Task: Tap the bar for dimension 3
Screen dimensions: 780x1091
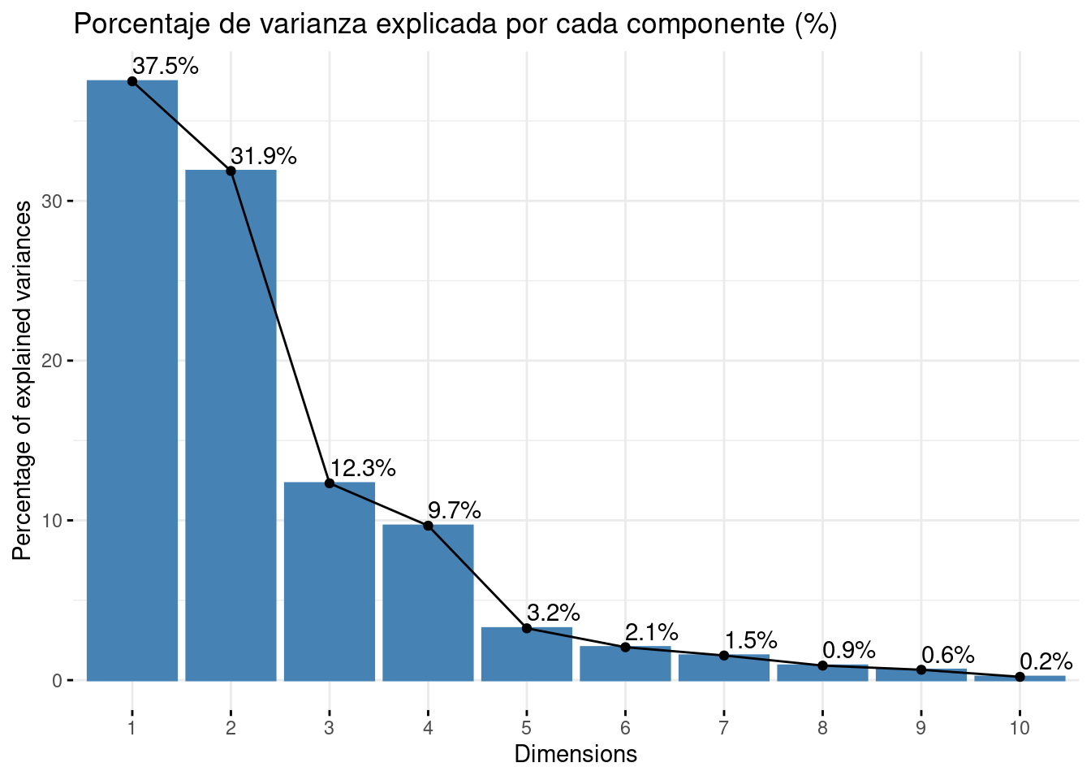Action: point(330,581)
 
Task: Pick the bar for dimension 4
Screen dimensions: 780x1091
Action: point(428,602)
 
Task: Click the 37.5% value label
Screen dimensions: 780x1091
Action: point(166,67)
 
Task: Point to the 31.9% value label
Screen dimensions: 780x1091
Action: point(264,156)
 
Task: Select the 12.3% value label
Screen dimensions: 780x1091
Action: point(363,468)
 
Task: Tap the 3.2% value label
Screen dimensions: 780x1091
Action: point(554,612)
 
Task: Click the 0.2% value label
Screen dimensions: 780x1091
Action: point(1046,661)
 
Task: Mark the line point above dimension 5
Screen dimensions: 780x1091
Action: point(527,628)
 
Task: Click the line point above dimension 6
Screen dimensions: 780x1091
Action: point(625,647)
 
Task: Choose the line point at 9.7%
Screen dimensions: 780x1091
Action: point(428,526)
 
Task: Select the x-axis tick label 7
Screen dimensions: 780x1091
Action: point(723,728)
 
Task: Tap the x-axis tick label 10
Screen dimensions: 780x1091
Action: point(1020,728)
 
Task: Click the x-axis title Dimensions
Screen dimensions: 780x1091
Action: point(576,754)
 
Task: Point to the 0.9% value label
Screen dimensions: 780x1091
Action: point(849,650)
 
